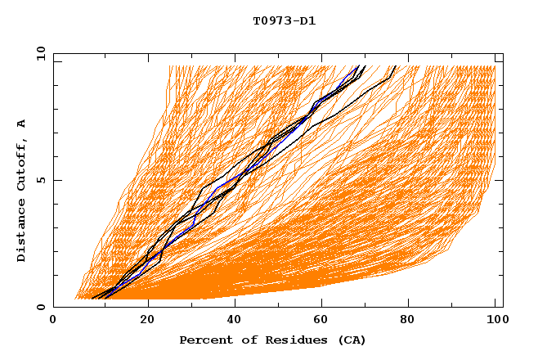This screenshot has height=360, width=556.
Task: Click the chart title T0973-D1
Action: click(284, 21)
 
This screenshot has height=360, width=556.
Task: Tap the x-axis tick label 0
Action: click(53, 322)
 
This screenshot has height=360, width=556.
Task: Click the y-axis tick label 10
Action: click(39, 53)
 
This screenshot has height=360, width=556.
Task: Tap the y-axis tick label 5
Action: click(39, 180)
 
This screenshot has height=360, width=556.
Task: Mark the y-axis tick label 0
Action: click(39, 307)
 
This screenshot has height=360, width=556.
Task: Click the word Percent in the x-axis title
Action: click(203, 340)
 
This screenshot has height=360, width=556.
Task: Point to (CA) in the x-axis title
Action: click(352, 340)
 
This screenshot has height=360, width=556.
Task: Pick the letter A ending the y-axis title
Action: click(21, 123)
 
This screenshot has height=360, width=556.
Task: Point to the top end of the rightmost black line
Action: click(396, 66)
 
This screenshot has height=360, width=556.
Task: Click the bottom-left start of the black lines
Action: click(92, 299)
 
